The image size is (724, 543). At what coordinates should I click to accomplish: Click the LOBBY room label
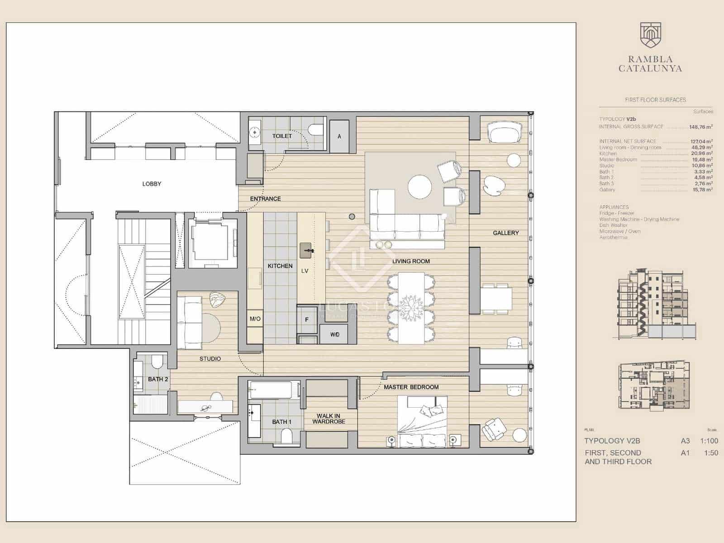click(152, 184)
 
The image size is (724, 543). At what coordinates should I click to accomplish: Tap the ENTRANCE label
click(266, 199)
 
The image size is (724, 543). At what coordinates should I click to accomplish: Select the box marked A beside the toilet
click(339, 136)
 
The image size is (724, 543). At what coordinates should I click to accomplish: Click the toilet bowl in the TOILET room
click(315, 130)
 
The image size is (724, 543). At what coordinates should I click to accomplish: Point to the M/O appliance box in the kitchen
click(255, 319)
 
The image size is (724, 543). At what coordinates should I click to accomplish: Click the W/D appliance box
click(335, 335)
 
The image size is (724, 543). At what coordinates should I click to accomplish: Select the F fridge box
click(307, 319)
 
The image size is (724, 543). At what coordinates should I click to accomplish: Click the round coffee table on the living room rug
click(419, 187)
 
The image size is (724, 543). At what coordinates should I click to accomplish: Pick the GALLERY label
click(506, 233)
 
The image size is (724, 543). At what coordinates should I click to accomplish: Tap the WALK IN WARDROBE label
click(329, 419)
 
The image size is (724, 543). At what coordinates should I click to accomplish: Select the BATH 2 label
click(158, 379)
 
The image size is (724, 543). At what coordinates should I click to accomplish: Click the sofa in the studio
click(189, 323)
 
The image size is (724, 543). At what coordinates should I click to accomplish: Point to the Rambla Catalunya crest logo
click(650, 35)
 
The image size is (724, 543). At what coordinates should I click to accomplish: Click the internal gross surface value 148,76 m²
click(700, 127)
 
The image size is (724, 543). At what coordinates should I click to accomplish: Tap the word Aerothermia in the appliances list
click(613, 237)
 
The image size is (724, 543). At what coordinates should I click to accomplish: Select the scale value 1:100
click(709, 441)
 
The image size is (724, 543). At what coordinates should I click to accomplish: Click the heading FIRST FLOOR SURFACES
click(655, 100)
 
